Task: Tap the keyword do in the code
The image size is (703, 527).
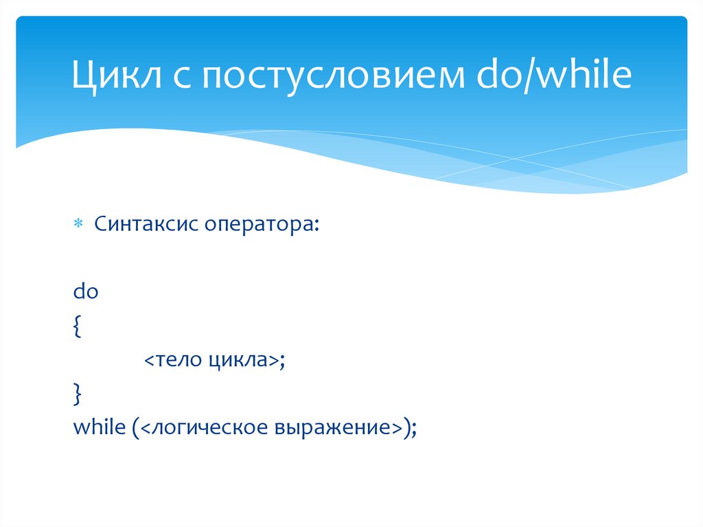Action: coord(87,291)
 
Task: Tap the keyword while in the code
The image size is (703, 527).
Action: coord(97,427)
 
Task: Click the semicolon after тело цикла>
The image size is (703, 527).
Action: coord(281,361)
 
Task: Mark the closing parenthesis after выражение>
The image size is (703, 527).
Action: coord(407,428)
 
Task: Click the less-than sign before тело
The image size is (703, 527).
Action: coord(148,361)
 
